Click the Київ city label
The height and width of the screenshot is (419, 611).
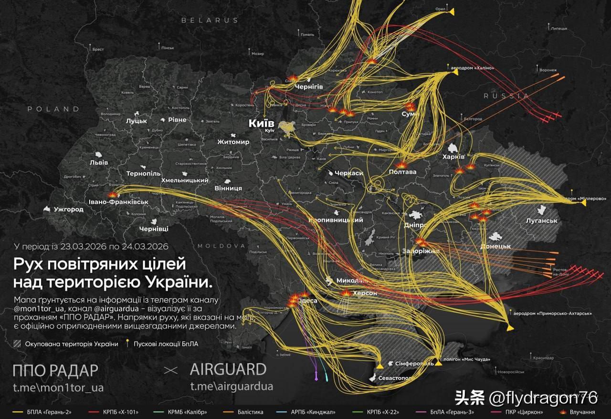pos(262,123)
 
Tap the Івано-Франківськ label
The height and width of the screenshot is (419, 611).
pos(118,202)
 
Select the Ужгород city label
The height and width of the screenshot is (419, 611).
pos(69,209)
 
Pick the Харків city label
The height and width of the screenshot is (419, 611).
pos(453,157)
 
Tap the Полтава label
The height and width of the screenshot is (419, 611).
pos(403,172)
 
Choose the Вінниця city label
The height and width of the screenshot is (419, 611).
pos(228,188)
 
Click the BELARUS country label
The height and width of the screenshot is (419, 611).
pos(210,21)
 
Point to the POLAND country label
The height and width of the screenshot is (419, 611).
pos(53,109)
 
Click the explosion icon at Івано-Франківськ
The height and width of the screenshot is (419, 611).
pos(112,194)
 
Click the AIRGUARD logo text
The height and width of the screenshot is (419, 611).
pos(228,369)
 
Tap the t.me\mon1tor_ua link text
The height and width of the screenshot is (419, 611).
pos(58,387)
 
